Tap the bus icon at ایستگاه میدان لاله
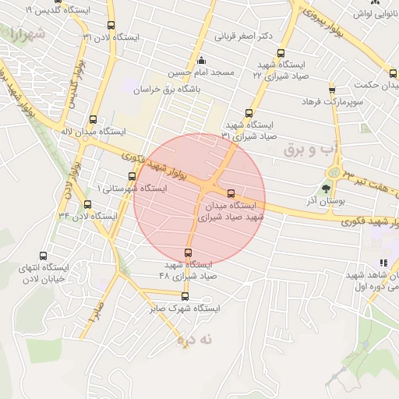[94, 120]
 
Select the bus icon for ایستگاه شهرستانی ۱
[132, 177]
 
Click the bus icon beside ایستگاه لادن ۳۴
[88, 204]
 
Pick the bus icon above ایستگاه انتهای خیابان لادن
[42, 255]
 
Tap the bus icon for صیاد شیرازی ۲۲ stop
[270, 52]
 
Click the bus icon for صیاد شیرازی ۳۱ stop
[249, 113]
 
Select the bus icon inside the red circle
[230, 193]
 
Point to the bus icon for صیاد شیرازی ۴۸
[188, 252]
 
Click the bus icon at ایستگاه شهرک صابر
[185, 296]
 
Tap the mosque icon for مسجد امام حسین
[201, 61]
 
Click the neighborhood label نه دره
[195, 339]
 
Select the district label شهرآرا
[26, 34]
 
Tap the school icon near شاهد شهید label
[383, 264]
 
